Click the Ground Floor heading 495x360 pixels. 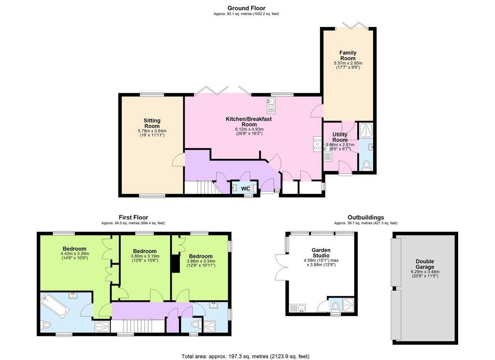pyautogui.click(x=246, y=8)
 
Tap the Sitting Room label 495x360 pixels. pyautogui.click(x=152, y=123)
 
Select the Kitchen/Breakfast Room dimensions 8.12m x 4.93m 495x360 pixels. pyautogui.click(x=249, y=129)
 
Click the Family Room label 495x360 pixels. pyautogui.click(x=348, y=55)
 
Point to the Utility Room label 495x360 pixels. pyautogui.click(x=340, y=137)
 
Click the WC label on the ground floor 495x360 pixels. pyautogui.click(x=245, y=189)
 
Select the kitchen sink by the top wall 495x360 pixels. pyautogui.click(x=272, y=105)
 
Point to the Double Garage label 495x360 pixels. pyautogui.click(x=424, y=264)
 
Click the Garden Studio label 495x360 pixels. pyautogui.click(x=321, y=253)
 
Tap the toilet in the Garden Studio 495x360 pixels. pyautogui.click(x=335, y=307)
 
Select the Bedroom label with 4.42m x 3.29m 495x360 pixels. pyautogui.click(x=74, y=249)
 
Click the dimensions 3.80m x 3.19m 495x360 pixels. pyautogui.click(x=145, y=256)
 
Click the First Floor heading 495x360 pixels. pyautogui.click(x=133, y=217)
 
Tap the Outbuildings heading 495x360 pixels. pyautogui.click(x=366, y=217)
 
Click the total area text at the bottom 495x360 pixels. pyautogui.click(x=245, y=356)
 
